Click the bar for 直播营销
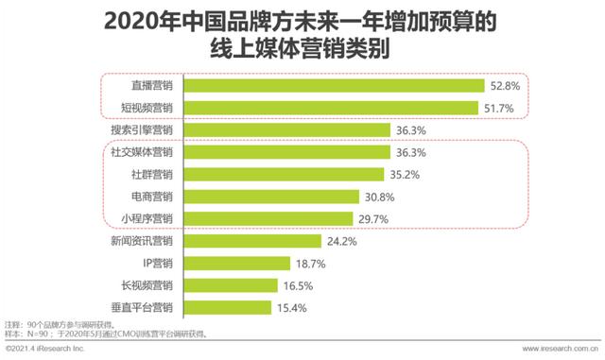[x=331, y=85]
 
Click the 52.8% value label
[x=502, y=85]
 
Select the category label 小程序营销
[x=147, y=218]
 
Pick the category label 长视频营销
[x=147, y=285]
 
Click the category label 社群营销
[x=152, y=174]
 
